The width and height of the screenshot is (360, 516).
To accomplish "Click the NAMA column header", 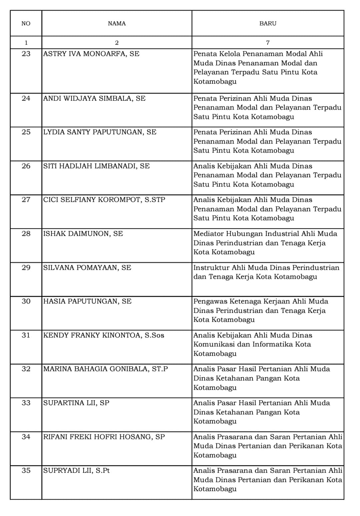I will click(117, 23).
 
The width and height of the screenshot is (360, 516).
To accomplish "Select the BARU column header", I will click(268, 23).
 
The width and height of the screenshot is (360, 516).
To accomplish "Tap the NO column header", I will click(26, 23).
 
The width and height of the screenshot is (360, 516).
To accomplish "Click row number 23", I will click(26, 54).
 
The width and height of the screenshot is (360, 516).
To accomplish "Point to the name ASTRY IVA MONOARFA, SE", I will click(91, 54).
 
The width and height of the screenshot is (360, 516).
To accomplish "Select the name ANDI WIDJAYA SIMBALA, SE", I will click(94, 98).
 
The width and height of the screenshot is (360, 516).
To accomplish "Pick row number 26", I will click(26, 166).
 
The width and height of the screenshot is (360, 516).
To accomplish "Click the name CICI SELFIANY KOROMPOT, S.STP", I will click(104, 200).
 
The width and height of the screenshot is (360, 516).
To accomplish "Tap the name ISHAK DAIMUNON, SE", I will click(83, 234).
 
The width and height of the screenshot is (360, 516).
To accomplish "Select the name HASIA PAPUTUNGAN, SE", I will click(87, 301).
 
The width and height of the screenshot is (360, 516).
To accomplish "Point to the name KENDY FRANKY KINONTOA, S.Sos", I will click(104, 335).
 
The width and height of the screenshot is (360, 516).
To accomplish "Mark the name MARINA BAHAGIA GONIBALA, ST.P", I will click(105, 369).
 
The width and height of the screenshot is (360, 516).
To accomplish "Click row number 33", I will click(26, 403).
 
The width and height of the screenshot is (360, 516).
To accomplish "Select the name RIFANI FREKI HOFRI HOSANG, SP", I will click(104, 437).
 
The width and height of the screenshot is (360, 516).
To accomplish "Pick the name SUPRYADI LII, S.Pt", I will click(76, 470).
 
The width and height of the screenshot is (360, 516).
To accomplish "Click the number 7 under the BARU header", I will click(268, 43).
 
